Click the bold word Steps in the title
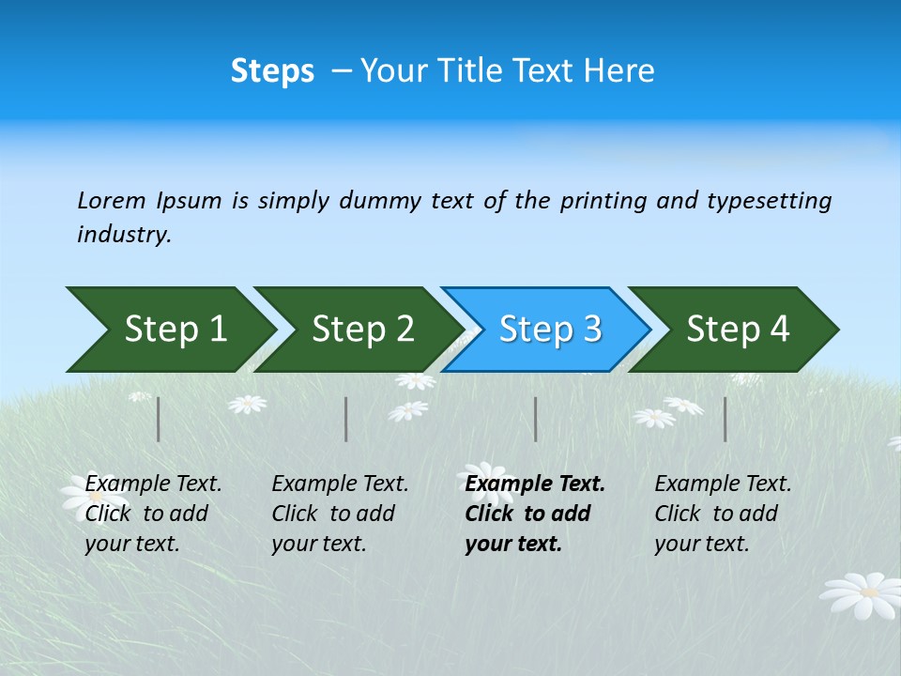tap(272, 71)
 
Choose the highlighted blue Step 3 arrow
tap(550, 330)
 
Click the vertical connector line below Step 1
tap(159, 419)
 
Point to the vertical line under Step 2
tap(346, 419)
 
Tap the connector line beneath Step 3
tap(536, 419)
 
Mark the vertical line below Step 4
tap(725, 419)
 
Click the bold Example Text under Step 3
tap(535, 484)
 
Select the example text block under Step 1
tap(153, 514)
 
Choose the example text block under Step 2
tap(340, 514)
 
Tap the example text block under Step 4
tap(723, 514)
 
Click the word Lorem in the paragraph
tap(112, 201)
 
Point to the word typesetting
tap(769, 201)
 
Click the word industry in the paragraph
tap(123, 235)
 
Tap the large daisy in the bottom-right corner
tap(861, 594)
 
